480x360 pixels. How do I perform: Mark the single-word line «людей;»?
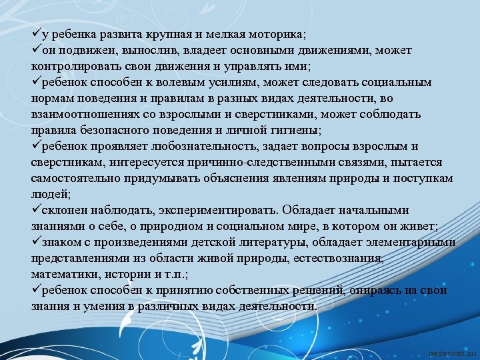51,195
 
